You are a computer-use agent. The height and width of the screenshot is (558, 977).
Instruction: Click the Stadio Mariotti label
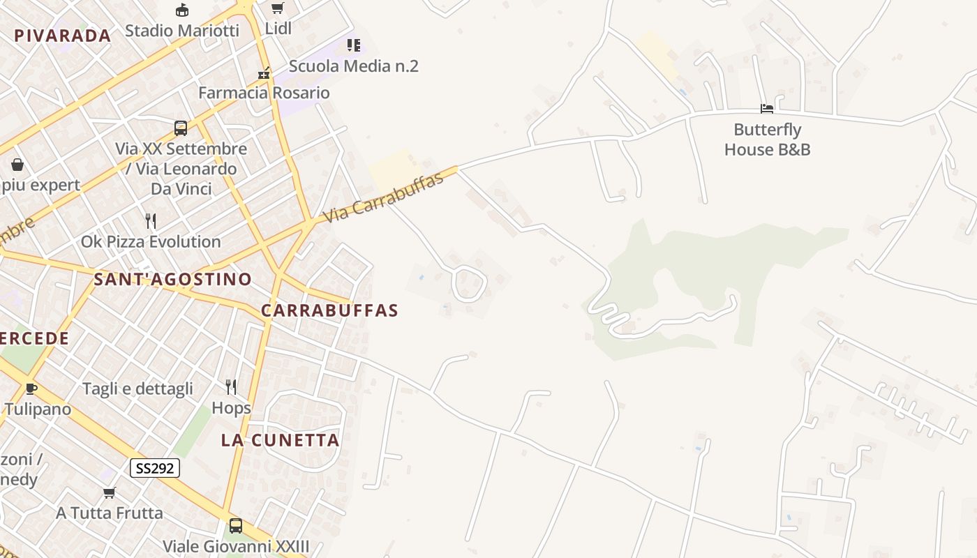coord(182,31)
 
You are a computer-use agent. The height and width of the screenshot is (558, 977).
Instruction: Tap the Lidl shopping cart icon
coord(278,8)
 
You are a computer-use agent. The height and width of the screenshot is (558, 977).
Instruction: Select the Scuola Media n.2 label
coord(353,66)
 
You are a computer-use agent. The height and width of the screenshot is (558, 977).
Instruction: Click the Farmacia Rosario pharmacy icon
coord(264,73)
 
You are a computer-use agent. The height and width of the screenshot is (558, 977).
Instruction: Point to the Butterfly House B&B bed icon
coord(767,109)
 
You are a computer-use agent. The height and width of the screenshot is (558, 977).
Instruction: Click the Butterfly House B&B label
coord(767,139)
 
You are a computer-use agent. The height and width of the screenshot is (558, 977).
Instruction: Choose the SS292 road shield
coord(155,468)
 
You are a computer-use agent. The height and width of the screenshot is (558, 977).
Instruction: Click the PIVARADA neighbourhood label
coord(63,36)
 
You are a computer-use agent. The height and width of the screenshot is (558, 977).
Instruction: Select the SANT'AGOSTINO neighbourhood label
coord(172,280)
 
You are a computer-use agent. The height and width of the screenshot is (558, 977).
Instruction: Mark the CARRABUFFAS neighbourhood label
coord(329,311)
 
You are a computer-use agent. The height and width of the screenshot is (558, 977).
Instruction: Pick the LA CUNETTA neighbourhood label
coord(281,440)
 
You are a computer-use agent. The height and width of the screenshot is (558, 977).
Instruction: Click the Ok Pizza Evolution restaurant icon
coord(151,221)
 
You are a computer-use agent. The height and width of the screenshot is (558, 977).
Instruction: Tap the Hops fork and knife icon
coord(231,387)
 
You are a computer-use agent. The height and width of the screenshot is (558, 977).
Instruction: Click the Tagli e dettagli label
coord(137,389)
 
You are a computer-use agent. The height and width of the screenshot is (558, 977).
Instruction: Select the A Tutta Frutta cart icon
coord(110,493)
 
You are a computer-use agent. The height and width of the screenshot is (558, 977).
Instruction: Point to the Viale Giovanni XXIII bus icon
coord(236,525)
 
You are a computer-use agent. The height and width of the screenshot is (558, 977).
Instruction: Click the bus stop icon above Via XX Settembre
coord(181,128)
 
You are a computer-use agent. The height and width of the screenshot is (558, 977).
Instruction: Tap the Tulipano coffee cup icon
coord(31,389)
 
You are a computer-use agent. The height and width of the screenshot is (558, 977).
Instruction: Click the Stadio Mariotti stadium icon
coord(182,10)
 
